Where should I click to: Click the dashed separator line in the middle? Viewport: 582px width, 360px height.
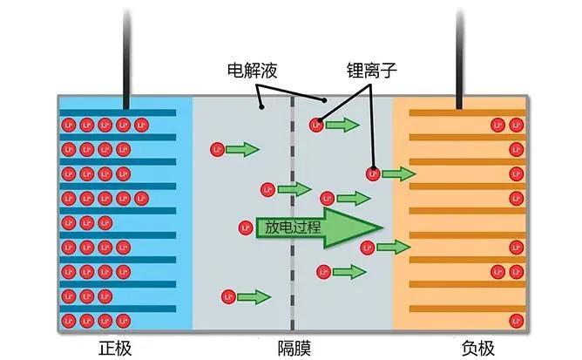point(293,262)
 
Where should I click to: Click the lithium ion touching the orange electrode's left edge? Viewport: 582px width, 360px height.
point(373,174)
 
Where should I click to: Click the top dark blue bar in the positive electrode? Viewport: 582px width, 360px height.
point(122,112)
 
